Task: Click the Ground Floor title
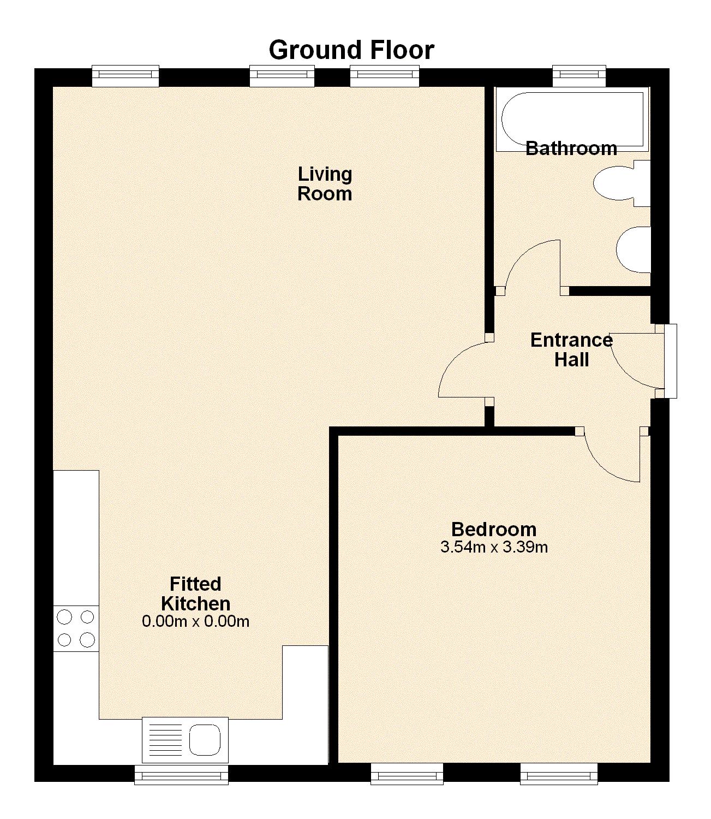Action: [x=351, y=50]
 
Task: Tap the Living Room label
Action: [x=325, y=184]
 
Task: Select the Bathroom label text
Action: [x=571, y=149]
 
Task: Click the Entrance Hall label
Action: [x=571, y=350]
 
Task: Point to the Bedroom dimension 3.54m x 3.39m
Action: [x=494, y=547]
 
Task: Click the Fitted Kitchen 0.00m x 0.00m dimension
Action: [x=195, y=621]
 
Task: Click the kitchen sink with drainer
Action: [x=185, y=740]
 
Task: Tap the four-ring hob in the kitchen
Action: [x=76, y=628]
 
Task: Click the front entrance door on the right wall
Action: [x=636, y=360]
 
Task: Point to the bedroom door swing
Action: [x=614, y=456]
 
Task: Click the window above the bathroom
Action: [x=579, y=76]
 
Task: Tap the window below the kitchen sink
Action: [x=181, y=774]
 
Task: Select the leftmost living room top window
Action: [x=126, y=76]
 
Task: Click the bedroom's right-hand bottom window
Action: [x=559, y=774]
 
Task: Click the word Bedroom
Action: [x=494, y=529]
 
